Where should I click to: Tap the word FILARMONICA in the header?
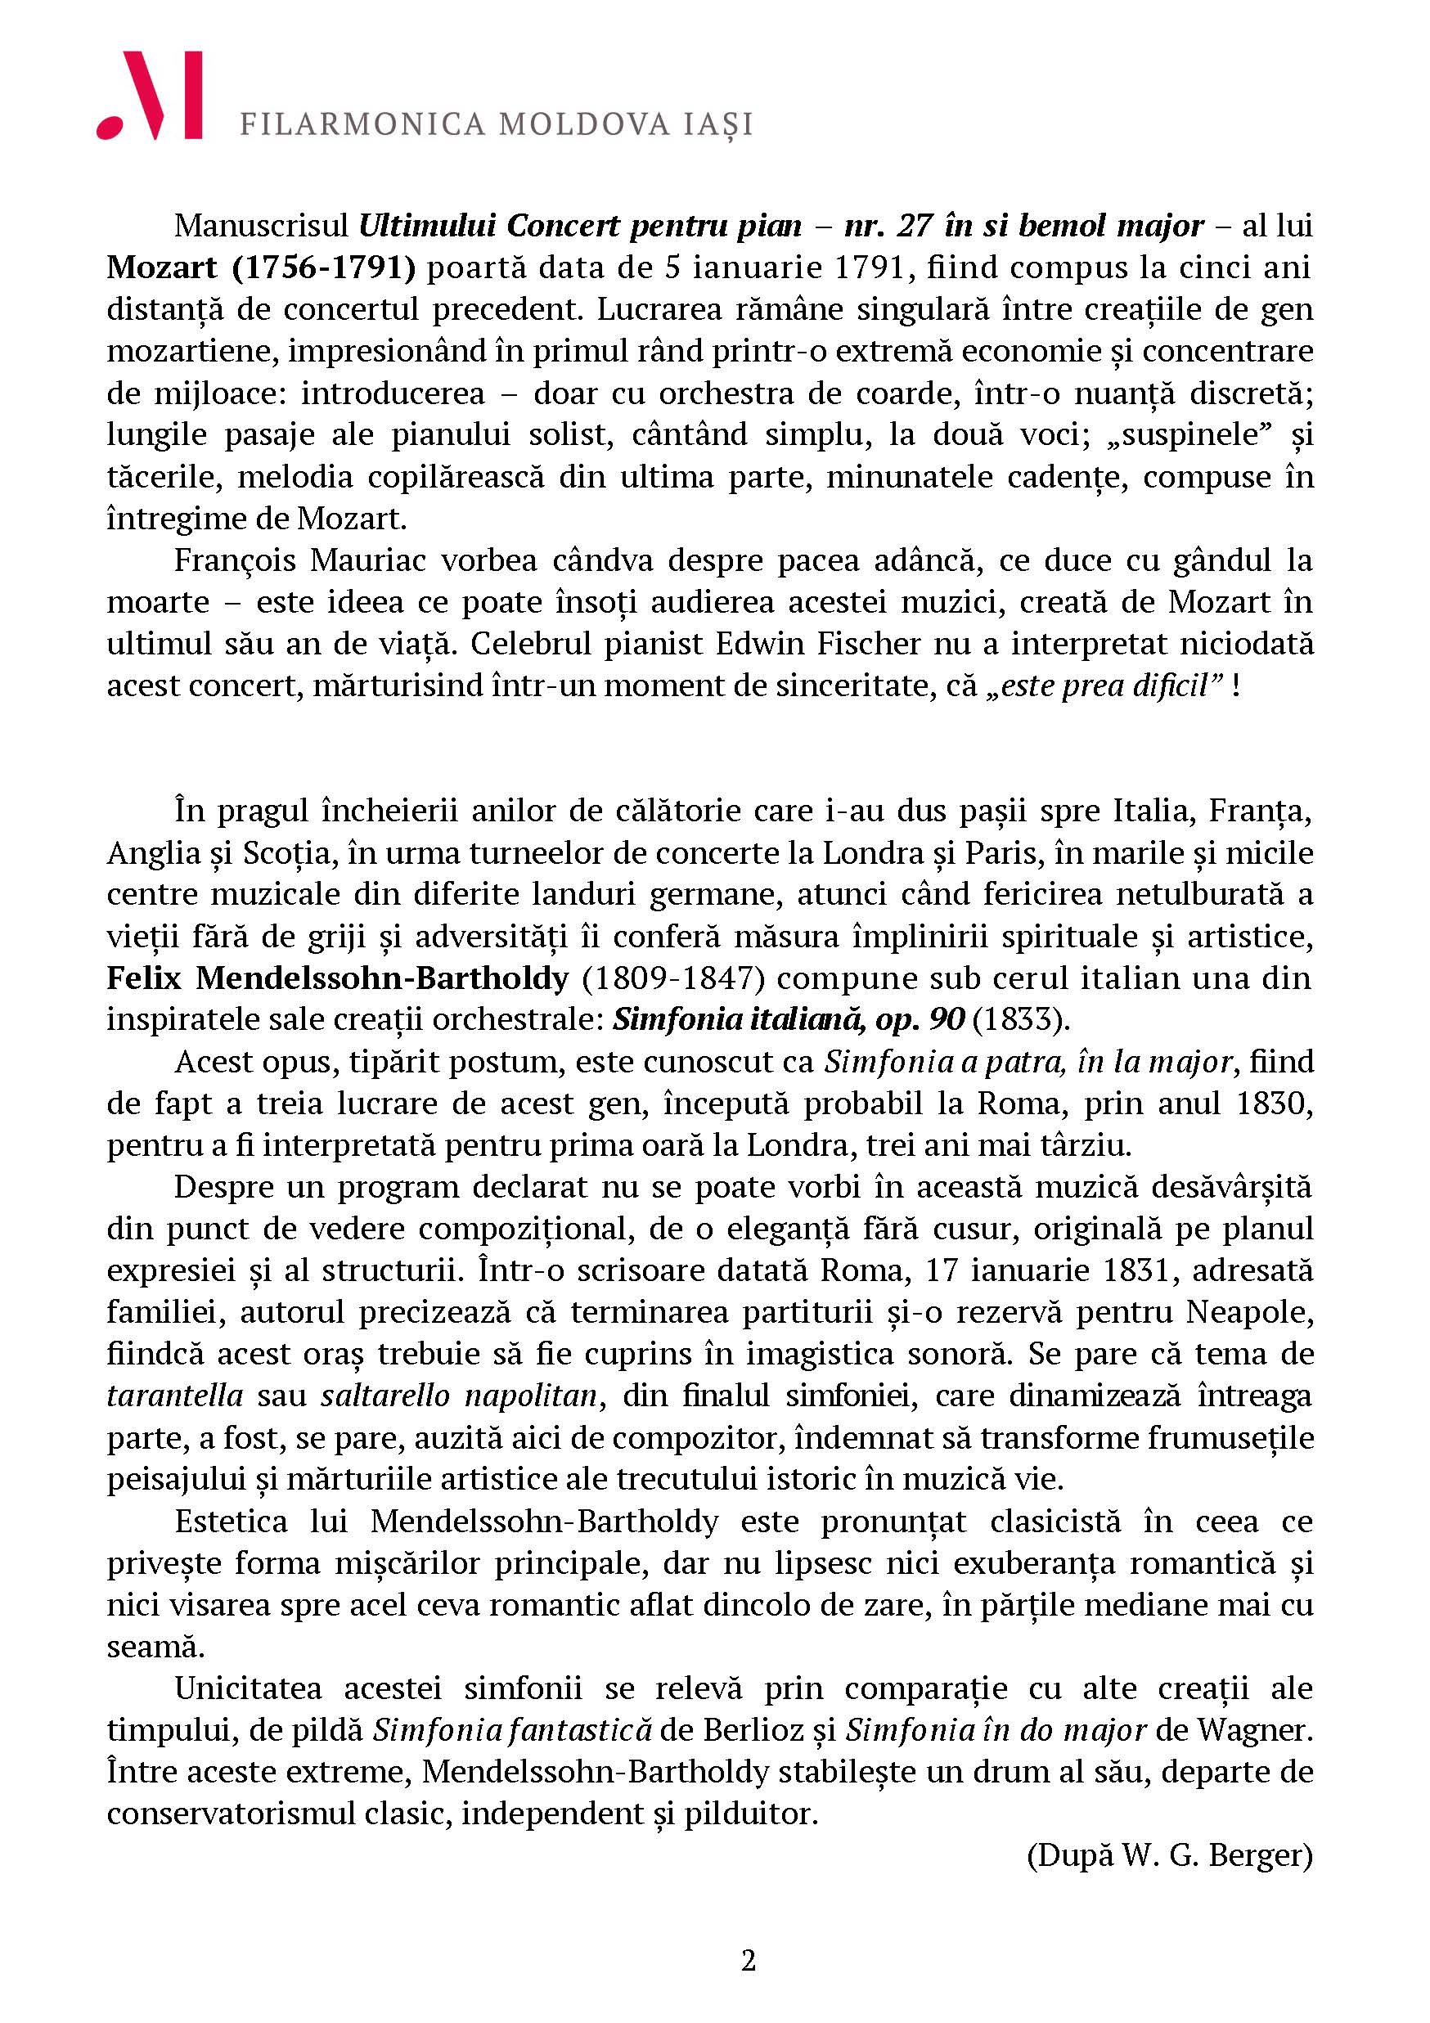(x=362, y=124)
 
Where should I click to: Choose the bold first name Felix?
(x=144, y=978)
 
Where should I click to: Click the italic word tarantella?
(x=174, y=1396)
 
